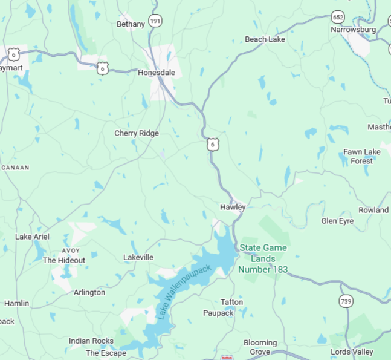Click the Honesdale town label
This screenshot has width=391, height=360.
pos(156,73)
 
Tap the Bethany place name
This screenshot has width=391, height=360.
pos(131,24)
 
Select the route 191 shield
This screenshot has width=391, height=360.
pos(155,21)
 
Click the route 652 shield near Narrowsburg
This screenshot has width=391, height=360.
pos(338,18)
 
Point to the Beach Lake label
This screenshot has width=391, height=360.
pos(265,39)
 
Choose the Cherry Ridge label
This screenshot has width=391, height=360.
pos(137,133)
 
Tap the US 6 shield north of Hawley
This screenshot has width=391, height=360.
pos(211,144)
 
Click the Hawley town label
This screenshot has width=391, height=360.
pos(233,207)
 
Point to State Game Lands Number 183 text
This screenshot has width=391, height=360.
pos(263,259)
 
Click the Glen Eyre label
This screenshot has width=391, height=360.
pos(337,221)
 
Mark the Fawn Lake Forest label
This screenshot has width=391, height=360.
pos(362,156)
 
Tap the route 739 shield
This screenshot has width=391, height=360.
pos(346,301)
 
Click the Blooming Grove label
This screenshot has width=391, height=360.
pos(260,347)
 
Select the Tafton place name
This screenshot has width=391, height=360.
pos(231,302)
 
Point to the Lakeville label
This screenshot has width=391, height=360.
pos(138,257)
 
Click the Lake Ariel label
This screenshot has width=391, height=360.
pos(32,237)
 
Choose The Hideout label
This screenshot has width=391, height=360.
pos(63,260)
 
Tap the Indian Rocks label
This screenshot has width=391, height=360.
pos(91,341)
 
